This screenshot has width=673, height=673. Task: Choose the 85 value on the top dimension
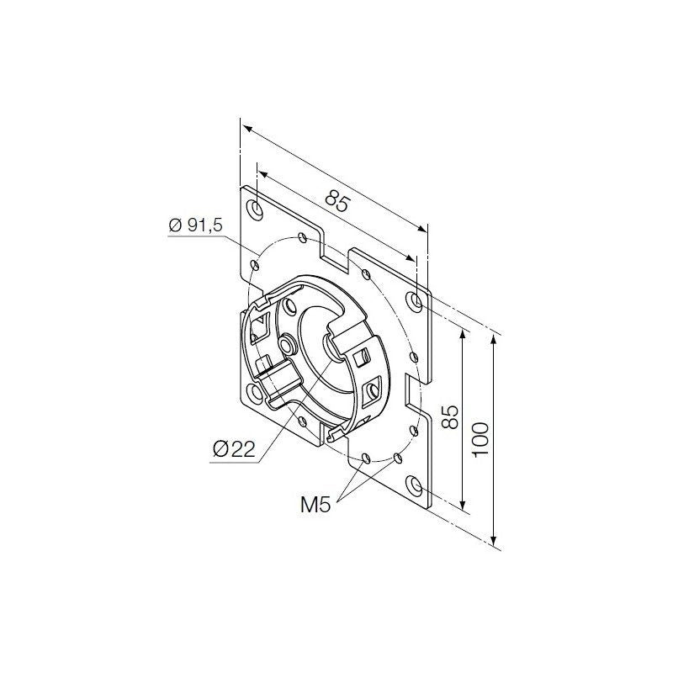pyautogui.click(x=336, y=201)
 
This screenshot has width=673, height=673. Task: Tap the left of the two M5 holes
pyautogui.click(x=368, y=458)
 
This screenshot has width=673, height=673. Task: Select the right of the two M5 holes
pyautogui.click(x=396, y=458)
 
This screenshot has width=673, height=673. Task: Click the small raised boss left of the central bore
pyautogui.click(x=288, y=345)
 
